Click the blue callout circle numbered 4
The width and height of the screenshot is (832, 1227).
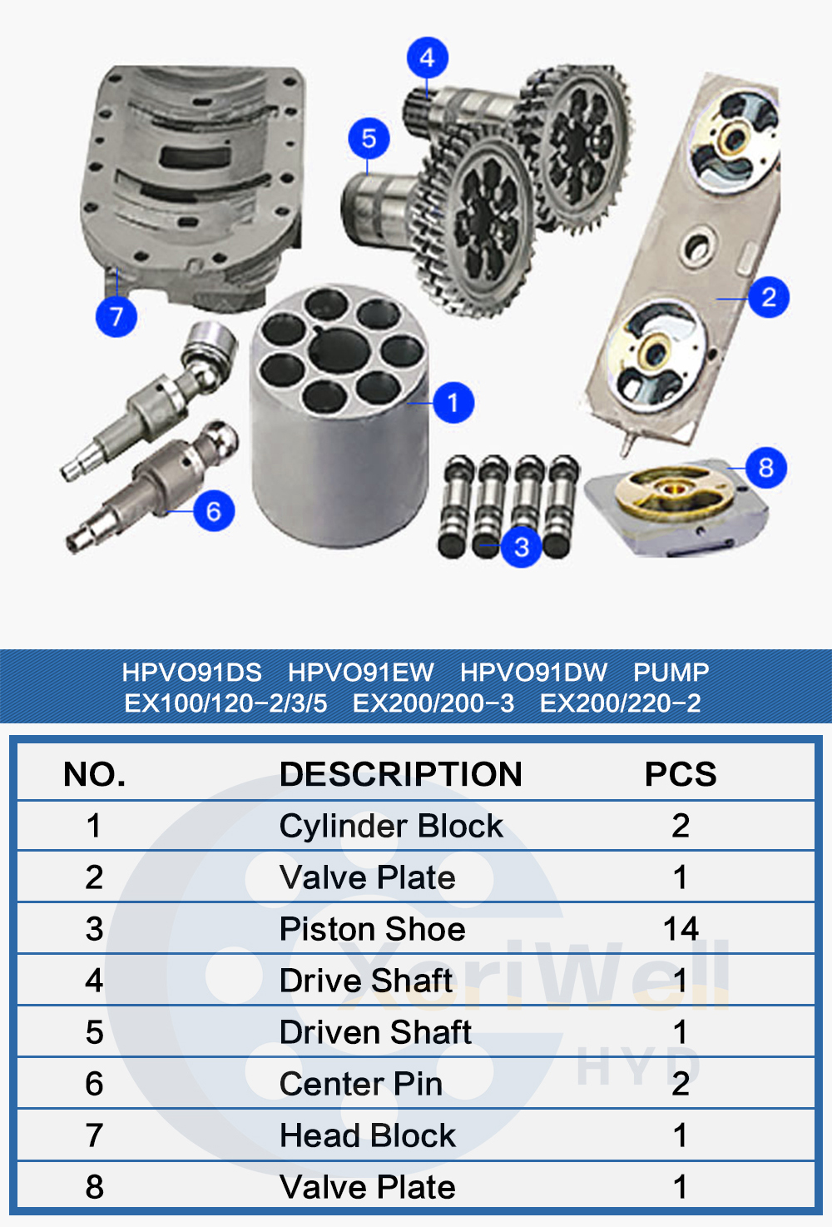428,58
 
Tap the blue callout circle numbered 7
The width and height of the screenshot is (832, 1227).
116,316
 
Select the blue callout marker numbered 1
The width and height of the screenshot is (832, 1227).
453,404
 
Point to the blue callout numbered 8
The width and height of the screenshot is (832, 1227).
766,468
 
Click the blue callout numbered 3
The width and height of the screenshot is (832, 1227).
522,547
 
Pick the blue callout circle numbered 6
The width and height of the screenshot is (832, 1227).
214,511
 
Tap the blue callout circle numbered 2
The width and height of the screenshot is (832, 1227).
769,297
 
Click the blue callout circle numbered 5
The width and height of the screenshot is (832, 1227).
369,139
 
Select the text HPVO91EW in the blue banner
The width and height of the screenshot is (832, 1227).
361,673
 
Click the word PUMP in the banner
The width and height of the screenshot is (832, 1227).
671,673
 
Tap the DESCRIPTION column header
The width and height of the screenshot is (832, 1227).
401,774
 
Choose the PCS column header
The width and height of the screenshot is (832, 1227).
681,774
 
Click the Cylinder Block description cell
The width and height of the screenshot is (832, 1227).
391,826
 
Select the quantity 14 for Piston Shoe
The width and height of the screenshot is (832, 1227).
681,929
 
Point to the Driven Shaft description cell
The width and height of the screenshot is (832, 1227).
375,1032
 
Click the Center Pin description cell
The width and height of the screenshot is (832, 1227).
361,1084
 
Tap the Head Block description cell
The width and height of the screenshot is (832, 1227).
368,1135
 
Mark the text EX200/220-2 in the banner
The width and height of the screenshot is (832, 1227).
621,703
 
